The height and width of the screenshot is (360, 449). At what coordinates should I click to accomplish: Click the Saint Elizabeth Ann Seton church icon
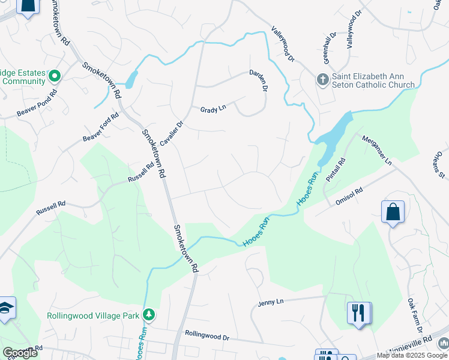coord(322,80)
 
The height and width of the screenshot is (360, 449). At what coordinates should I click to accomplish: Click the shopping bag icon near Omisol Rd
coord(393,212)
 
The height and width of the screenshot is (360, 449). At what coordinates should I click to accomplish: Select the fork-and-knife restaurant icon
coord(358,313)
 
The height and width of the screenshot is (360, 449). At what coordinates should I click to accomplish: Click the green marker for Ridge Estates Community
coord(54,76)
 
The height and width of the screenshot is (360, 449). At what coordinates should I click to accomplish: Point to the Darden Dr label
coord(259,80)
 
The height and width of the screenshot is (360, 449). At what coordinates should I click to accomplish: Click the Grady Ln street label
coord(213,109)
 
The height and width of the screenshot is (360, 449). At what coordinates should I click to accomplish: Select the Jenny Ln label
coord(270,302)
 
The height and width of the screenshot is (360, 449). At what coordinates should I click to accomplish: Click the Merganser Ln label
coord(376,150)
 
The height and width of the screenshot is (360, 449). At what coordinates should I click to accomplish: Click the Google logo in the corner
coord(20,353)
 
